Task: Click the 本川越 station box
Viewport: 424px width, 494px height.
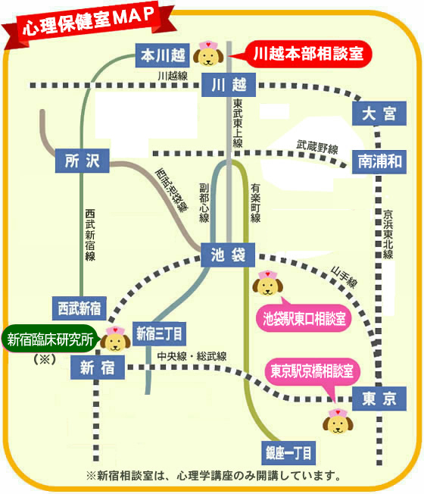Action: pos(163,55)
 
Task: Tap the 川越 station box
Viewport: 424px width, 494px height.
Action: pos(229,85)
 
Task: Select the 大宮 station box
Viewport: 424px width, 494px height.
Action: pos(379,114)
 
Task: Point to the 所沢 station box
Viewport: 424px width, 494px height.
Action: pos(83,161)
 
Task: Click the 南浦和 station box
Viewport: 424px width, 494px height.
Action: pos(379,161)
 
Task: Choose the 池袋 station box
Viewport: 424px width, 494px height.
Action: pos(228,255)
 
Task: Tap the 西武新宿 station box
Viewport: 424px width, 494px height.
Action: pos(79,308)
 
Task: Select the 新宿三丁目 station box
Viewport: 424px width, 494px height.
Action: pos(159,333)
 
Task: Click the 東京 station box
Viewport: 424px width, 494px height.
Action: pos(379,399)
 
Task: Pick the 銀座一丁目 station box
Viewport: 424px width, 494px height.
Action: pos(288,453)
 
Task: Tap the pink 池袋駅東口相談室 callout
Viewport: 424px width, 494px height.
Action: pos(303,317)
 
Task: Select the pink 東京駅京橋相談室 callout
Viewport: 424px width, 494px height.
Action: pos(312,371)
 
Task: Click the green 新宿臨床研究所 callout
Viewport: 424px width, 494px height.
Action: pos(51,339)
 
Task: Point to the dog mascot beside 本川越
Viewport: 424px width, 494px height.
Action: pos(208,54)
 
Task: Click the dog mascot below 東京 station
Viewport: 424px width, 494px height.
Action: pos(338,421)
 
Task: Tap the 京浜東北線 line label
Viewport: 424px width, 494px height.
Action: pos(388,234)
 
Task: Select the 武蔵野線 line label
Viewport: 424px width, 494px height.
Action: pos(317,147)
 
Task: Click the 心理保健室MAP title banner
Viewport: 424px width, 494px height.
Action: pos(89,22)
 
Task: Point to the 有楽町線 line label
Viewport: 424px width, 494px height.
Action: pos(255,204)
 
